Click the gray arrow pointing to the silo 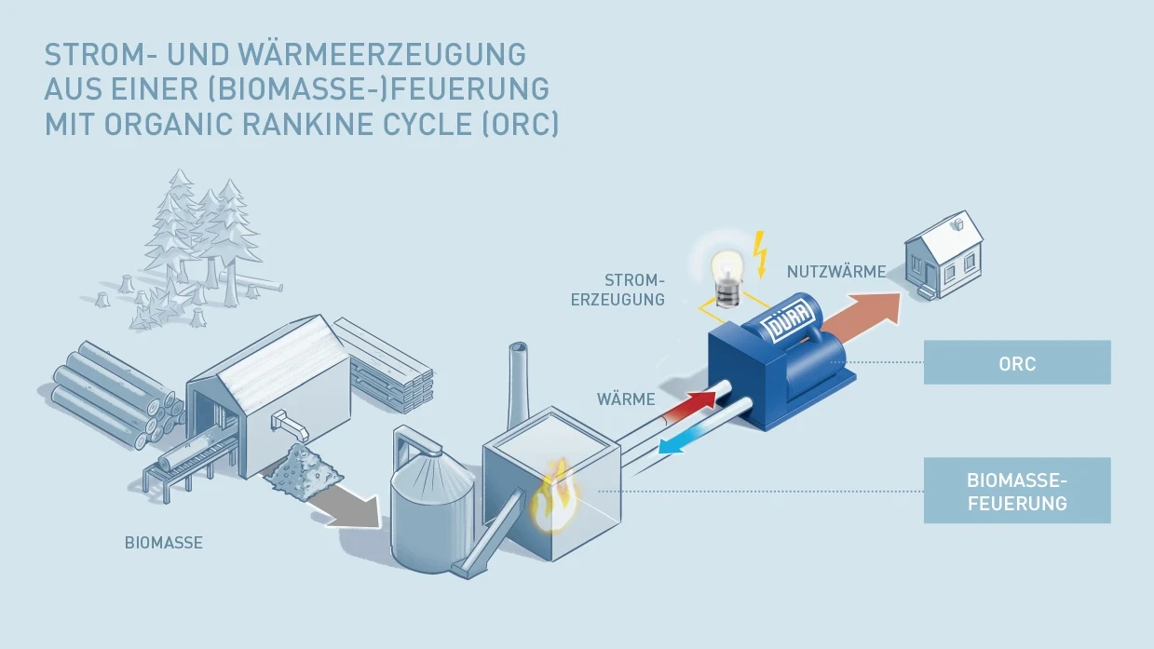pos(349,503)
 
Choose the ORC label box pos(1016,362)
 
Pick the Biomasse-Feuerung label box pos(1016,490)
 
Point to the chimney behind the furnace pos(518,382)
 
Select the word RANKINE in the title pos(288,124)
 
